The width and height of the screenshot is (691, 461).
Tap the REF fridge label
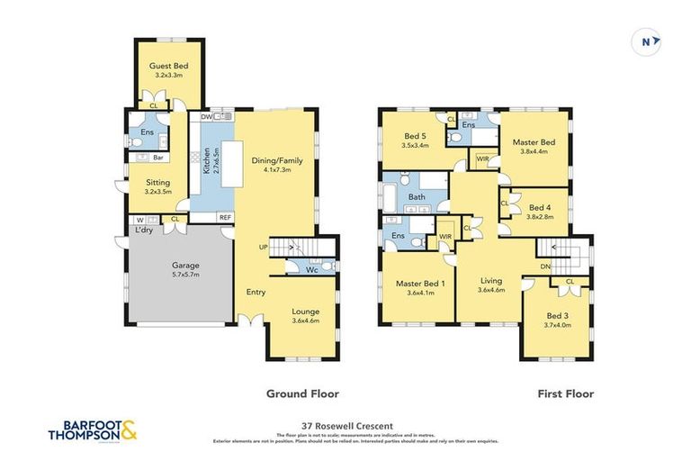224,217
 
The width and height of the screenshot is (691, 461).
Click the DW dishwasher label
206,117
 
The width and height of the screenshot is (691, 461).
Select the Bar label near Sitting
157,158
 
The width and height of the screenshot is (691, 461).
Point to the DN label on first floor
545,267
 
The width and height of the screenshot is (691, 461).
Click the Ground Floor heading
301,393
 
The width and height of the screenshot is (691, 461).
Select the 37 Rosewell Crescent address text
345,426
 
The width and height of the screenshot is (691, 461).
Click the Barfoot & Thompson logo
93,429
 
